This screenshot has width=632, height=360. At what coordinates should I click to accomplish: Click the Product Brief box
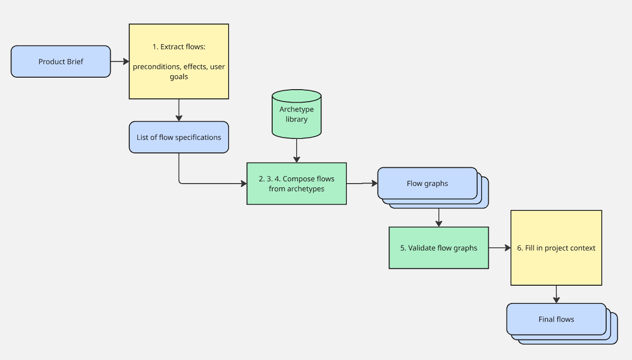pos(61,61)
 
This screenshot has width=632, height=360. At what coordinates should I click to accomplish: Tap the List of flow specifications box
pos(179,138)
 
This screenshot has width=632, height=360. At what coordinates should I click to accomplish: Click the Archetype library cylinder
pos(297,114)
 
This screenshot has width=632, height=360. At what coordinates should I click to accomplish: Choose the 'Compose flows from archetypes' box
pos(297,184)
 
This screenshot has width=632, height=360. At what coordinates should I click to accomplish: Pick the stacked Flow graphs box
pos(427,183)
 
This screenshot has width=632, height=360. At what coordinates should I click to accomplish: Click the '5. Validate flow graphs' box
pos(438,248)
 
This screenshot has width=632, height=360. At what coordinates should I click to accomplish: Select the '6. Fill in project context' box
pos(556,248)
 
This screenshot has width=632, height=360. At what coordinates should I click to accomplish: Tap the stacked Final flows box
pos(556,319)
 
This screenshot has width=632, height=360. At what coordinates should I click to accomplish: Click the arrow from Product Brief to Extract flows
pos(120,61)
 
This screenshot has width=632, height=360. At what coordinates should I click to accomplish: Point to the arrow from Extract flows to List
pos(179,110)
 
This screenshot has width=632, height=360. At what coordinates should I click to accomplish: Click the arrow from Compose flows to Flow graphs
pos(362,183)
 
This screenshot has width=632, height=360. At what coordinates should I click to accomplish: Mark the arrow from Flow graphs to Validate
pos(438,218)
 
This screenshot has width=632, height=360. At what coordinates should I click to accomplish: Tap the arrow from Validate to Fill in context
pos(499,248)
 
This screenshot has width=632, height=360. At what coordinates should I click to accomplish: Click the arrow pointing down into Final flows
pos(556,294)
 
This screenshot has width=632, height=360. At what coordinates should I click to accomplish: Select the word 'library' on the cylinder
pos(297,119)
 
